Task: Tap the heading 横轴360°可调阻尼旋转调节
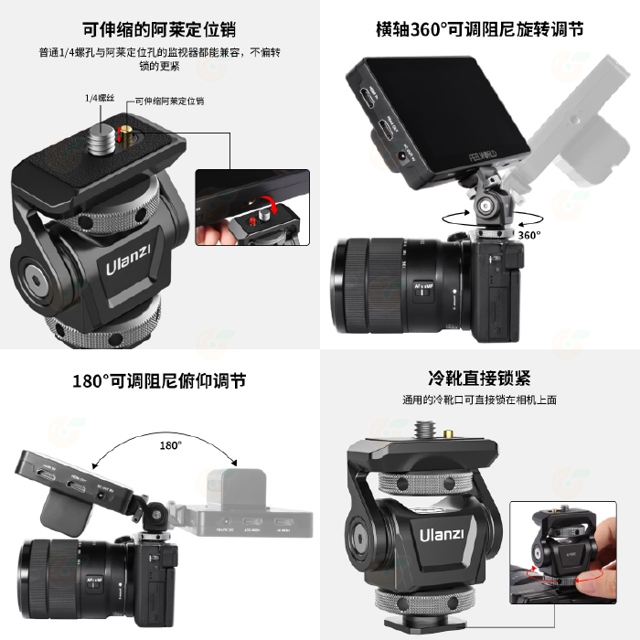pyautogui.click(x=479, y=28)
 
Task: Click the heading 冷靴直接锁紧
pyautogui.click(x=479, y=379)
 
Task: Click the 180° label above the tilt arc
pyautogui.click(x=171, y=444)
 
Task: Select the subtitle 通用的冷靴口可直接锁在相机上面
pyautogui.click(x=479, y=400)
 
